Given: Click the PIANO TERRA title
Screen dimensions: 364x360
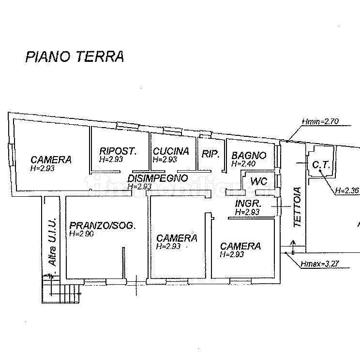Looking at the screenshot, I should point(75,57).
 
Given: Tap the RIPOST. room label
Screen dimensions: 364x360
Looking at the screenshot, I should point(118,151).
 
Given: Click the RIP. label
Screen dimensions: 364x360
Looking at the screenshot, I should point(210,154).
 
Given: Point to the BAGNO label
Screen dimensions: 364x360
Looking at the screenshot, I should point(249,156).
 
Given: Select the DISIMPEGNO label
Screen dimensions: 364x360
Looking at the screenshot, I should point(158,178).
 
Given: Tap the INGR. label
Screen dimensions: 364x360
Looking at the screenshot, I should point(249,204).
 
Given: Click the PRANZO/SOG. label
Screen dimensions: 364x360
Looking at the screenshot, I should point(102,225).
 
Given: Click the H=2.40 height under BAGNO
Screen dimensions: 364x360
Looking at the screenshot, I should point(244,164).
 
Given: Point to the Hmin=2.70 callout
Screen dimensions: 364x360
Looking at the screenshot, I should point(319,121).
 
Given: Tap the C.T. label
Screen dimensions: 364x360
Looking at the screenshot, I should point(321,165).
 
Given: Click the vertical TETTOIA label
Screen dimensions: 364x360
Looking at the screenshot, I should point(298,207).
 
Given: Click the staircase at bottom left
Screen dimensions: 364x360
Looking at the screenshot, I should point(63,290).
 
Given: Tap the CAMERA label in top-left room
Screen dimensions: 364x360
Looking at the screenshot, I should point(51,160).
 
